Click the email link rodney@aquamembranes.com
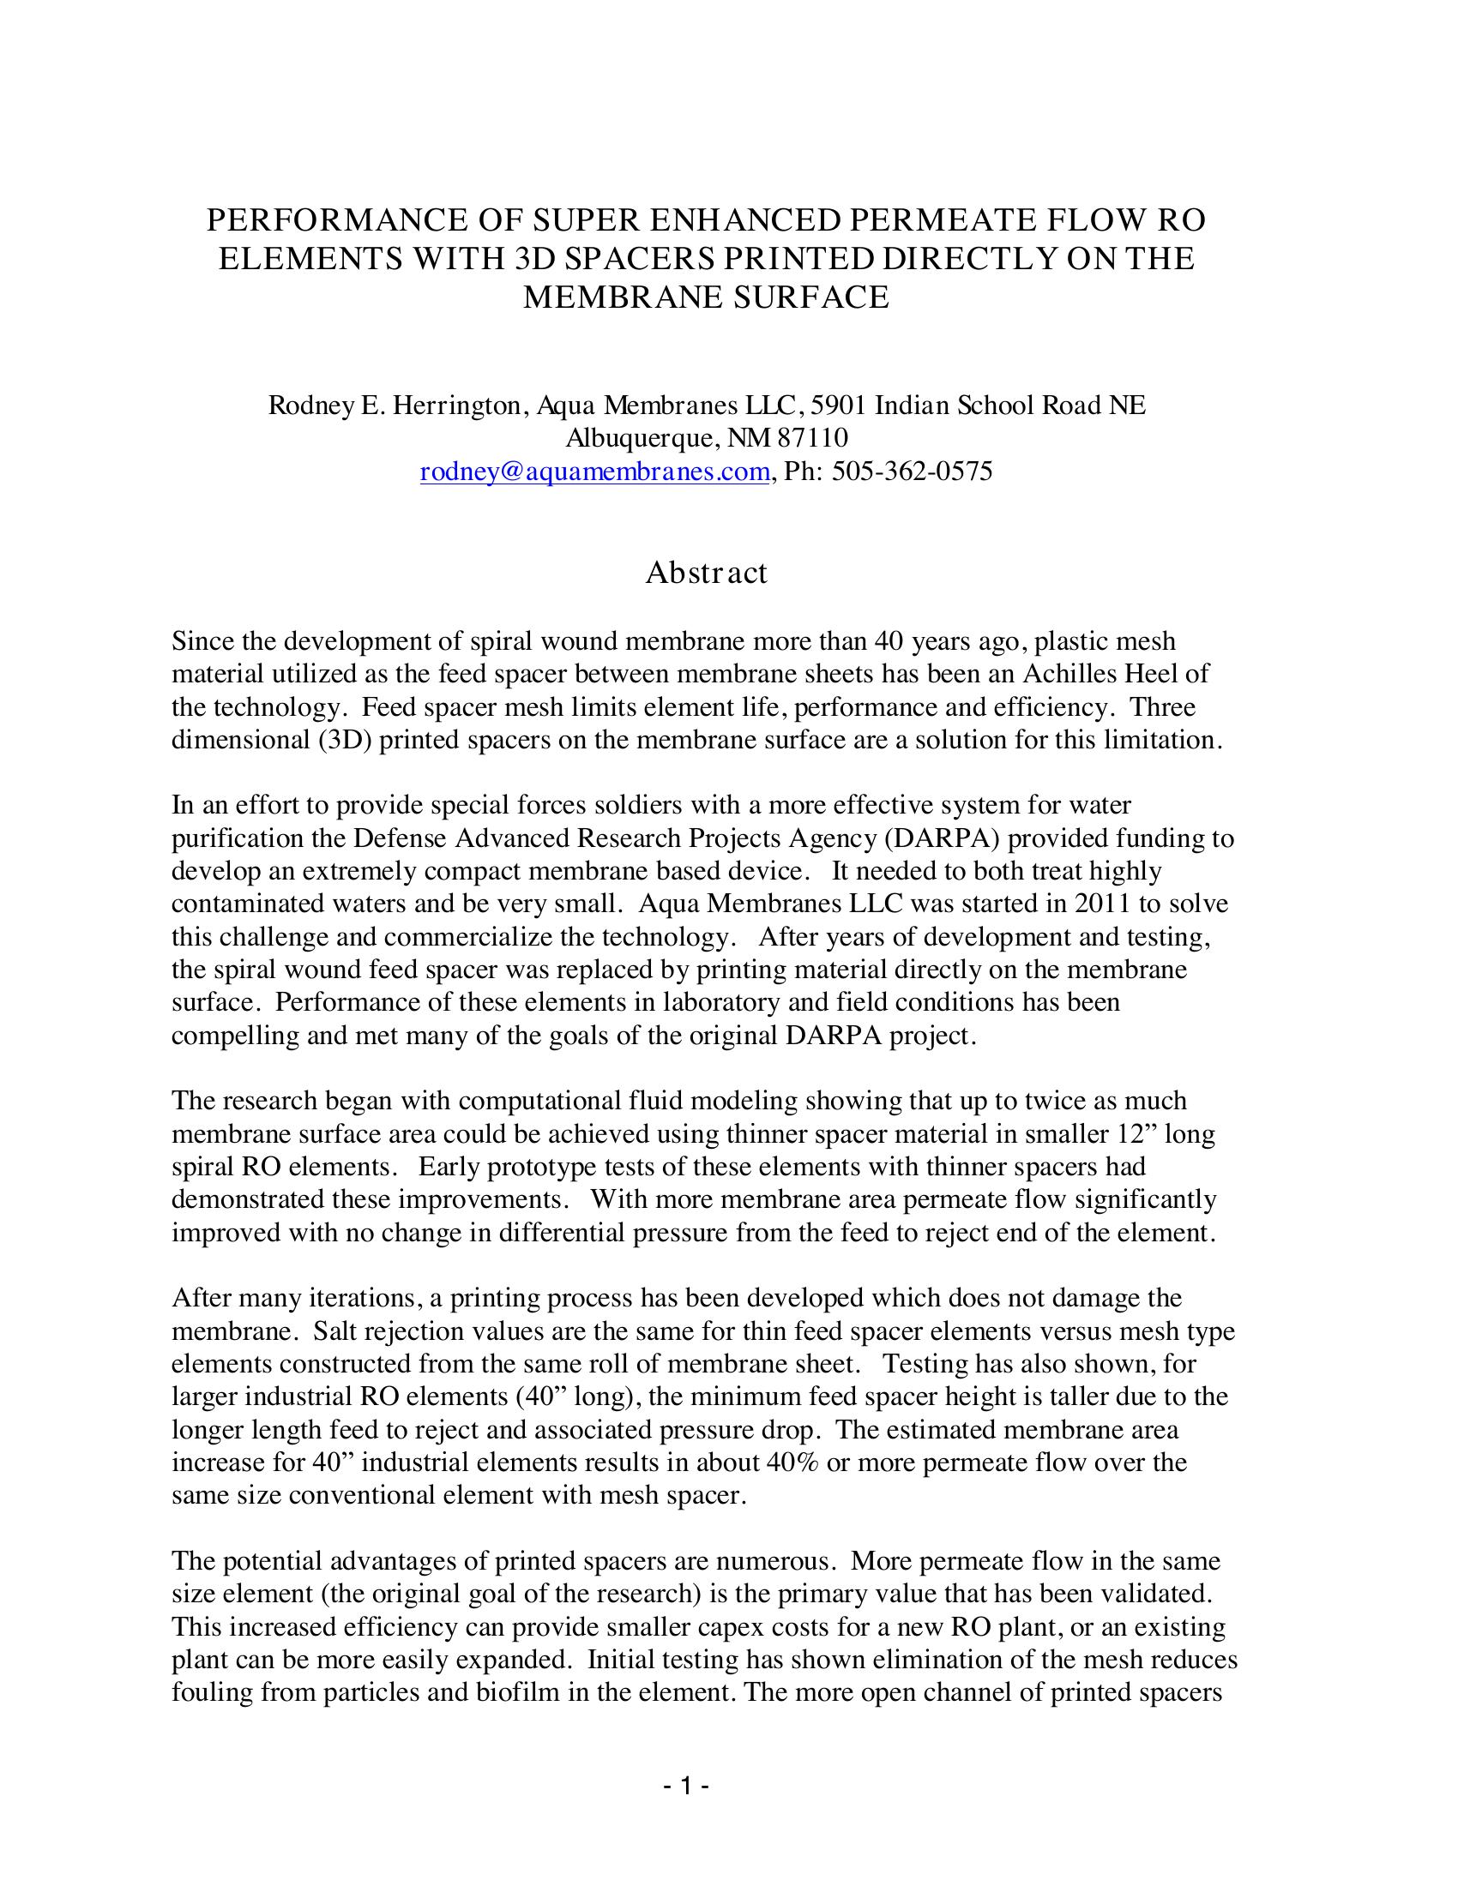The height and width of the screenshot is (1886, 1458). pos(594,471)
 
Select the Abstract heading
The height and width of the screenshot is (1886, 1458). pos(706,573)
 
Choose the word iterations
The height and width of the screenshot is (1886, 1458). pos(359,1298)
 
